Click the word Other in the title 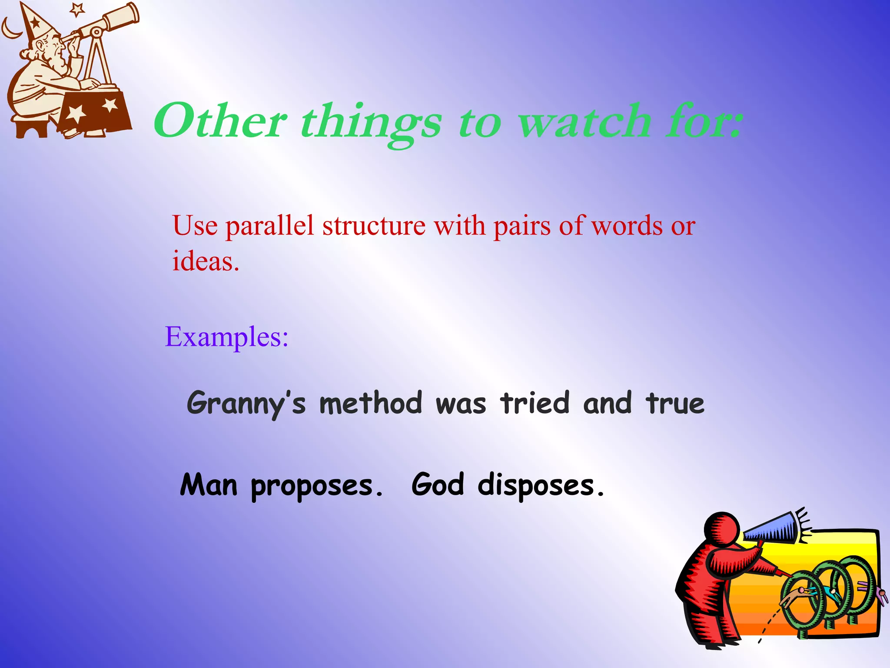coord(219,121)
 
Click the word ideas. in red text coord(206,261)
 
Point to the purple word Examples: coord(226,337)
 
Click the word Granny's coord(246,404)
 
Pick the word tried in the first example coord(535,403)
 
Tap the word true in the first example coord(674,404)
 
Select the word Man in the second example coord(209,485)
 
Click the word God coord(438,485)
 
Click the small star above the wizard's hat coord(77,9)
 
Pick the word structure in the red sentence coord(374,226)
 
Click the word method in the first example coord(370,403)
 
